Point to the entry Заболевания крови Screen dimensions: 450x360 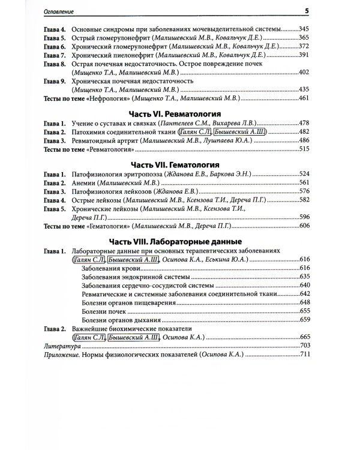pyautogui.click(x=108, y=268)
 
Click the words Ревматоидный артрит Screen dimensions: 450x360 pyautogui.click(x=104, y=139)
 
